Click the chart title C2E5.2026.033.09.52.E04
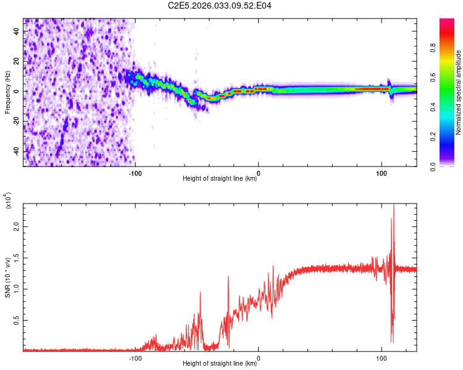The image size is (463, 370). [x=220, y=6]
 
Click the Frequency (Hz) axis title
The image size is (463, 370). [x=7, y=92]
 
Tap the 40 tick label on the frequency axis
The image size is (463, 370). [x=17, y=30]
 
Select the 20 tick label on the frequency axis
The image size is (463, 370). [x=17, y=60]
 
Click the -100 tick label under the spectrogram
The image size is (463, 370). [x=136, y=173]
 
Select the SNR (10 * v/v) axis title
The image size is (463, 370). [x=7, y=277]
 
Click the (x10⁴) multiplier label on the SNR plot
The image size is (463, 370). [x=7, y=200]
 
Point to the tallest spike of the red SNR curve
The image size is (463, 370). [x=393, y=207]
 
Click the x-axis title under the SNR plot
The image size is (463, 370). [x=220, y=363]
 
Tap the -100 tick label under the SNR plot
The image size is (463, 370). [x=136, y=358]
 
